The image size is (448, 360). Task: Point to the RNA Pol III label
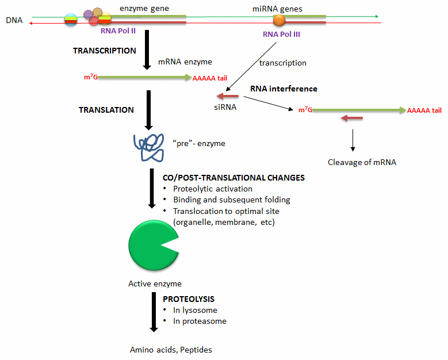coord(281,35)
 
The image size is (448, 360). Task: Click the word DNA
coord(14,21)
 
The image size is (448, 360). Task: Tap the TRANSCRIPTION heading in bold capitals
coord(105,51)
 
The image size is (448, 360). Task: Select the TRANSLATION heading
coord(106,110)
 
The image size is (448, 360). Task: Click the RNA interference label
coord(284,89)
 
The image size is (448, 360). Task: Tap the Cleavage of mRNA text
coord(362,162)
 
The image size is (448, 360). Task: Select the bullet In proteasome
coord(200,321)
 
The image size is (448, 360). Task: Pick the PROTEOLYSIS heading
coord(189,299)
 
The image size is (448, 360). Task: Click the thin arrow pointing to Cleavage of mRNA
coord(353,140)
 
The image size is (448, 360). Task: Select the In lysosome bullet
coord(195,310)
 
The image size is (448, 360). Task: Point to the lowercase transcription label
coord(282,63)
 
